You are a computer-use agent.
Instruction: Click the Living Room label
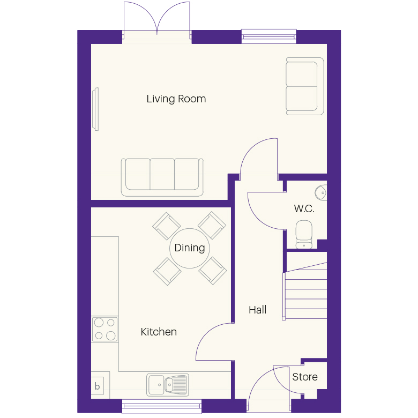tap(176, 99)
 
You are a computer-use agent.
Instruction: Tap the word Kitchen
tap(159, 332)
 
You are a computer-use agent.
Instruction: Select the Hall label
tap(258, 310)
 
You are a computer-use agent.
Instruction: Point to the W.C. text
tap(304, 208)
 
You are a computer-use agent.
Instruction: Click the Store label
tap(305, 377)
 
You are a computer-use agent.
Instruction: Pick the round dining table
tap(190, 248)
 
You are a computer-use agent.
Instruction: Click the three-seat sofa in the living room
tap(162, 177)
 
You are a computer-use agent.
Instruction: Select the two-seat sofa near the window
tap(305, 86)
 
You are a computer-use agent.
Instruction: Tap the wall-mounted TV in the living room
tap(95, 109)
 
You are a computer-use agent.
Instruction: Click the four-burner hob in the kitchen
tap(104, 329)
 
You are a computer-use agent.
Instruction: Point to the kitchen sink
tap(168, 385)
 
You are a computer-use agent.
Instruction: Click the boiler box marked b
tap(98, 386)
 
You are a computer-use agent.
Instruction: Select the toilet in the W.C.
tap(304, 234)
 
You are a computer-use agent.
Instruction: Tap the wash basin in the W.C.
tap(320, 192)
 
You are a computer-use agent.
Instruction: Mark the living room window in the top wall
tap(269, 36)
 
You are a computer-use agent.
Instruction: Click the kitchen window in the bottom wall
tap(162, 406)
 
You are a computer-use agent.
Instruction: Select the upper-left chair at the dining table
tap(166, 226)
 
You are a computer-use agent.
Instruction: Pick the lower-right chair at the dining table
tap(212, 271)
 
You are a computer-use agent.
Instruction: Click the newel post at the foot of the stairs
tap(283, 318)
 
